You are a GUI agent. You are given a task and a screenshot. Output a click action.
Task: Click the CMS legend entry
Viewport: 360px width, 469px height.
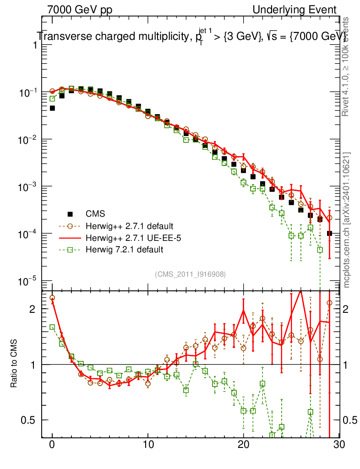pyautogui.click(x=95, y=213)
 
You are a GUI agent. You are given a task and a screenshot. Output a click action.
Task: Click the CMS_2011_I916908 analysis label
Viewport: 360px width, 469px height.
pyautogui.click(x=190, y=274)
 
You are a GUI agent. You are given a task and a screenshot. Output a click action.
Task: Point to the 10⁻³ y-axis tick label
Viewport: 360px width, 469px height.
pyautogui.click(x=28, y=186)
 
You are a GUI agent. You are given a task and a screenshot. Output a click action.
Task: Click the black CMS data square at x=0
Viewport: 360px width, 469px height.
pyautogui.click(x=52, y=108)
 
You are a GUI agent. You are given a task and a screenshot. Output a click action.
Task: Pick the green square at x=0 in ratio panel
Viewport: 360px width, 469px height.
pyautogui.click(x=52, y=327)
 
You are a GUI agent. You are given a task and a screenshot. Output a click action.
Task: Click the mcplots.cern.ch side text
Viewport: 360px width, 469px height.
pyautogui.click(x=347, y=220)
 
